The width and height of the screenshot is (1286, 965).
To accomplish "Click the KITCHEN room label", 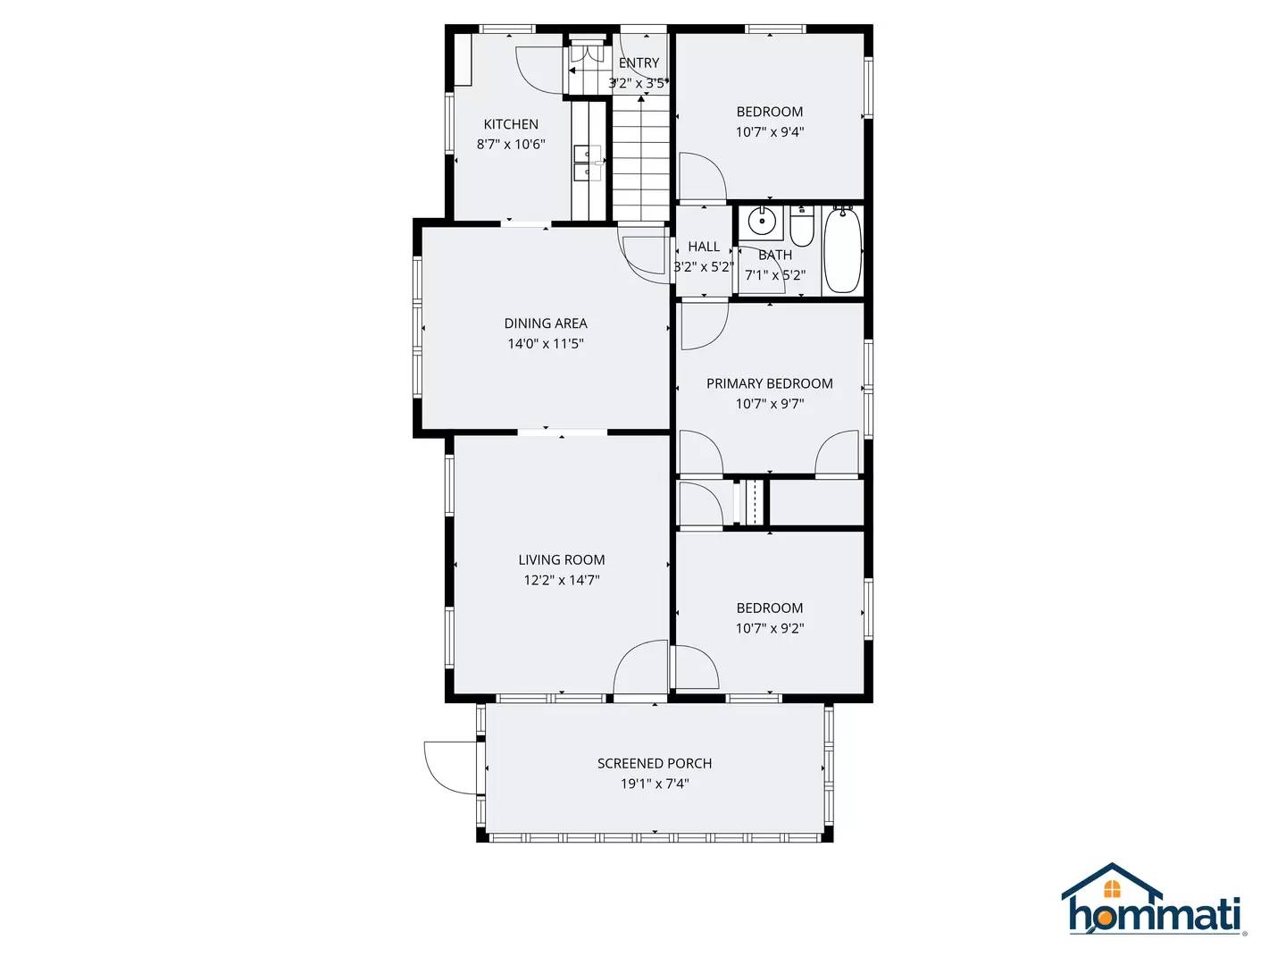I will tap(511, 124).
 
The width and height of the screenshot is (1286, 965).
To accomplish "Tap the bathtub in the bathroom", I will tap(841, 249).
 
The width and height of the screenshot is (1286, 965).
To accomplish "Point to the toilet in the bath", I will tap(802, 227).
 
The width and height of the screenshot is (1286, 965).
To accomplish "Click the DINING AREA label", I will tap(546, 323).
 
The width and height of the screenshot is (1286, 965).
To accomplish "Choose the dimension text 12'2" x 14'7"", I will tap(561, 580).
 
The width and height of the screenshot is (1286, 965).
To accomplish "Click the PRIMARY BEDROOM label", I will tap(769, 383).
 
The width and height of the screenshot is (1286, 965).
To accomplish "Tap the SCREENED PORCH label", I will tap(655, 763).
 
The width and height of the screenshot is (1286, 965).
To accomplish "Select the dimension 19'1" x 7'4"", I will tap(655, 784).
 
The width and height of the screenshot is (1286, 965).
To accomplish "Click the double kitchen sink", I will tap(588, 163).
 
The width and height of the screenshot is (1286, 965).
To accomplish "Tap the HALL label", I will tap(704, 247).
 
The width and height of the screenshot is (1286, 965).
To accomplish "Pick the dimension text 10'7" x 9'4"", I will tap(769, 131).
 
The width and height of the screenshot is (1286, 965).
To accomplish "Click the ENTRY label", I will tap(639, 63).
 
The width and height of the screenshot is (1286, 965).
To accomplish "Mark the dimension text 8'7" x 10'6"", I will tap(511, 144).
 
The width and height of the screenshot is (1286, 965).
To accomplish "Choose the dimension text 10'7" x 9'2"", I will tap(769, 628).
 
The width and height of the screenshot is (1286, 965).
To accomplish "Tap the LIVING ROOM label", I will tap(561, 559).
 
